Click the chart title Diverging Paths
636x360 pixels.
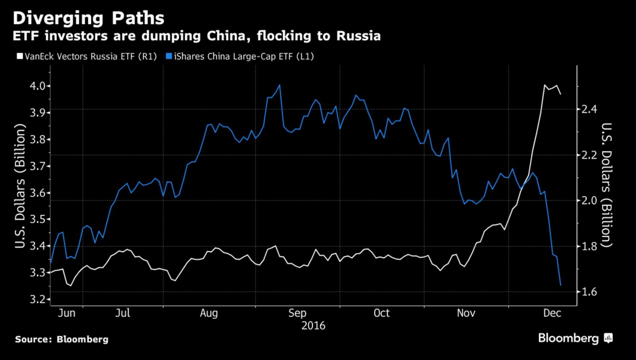click(88, 18)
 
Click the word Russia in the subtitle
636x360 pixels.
click(358, 36)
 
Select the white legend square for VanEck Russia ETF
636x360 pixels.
click(20, 56)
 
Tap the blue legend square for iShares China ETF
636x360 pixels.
click(169, 56)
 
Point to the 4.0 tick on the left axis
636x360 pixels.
click(37, 86)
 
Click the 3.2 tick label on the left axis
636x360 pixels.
click(37, 299)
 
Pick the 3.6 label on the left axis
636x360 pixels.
click(37, 193)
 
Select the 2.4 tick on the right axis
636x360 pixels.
click(589, 109)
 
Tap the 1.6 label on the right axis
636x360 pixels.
click(589, 292)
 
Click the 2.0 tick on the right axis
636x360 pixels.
click(589, 200)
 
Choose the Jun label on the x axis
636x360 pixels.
click(67, 313)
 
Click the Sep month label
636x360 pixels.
click(297, 313)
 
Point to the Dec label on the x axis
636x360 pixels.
click(552, 313)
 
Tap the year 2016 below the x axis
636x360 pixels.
click(313, 326)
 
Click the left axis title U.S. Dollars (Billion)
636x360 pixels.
click(20, 186)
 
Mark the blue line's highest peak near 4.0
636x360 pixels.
click(280, 85)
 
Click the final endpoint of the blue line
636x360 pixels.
click(560, 285)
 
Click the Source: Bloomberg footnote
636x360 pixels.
click(62, 339)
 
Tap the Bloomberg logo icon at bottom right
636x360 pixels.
click(608, 338)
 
